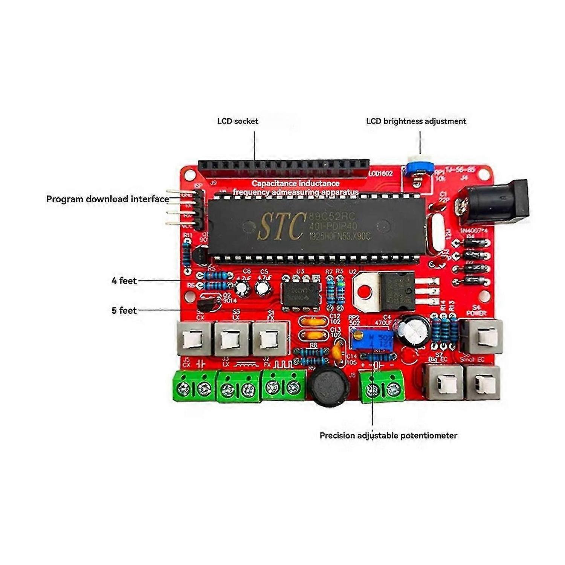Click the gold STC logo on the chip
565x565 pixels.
click(281, 226)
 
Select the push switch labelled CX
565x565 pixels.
click(193, 339)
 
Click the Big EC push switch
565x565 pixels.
click(443, 382)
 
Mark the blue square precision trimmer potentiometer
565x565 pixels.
click(372, 338)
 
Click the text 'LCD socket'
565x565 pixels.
click(238, 121)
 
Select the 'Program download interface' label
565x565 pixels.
click(107, 199)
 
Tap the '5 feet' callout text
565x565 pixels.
click(124, 310)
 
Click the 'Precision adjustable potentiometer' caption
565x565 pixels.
click(388, 435)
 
